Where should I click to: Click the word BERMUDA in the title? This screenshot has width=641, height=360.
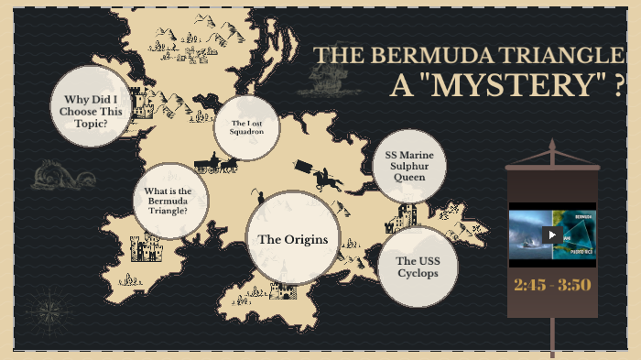click(x=447, y=55)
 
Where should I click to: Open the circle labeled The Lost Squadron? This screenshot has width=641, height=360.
click(x=246, y=127)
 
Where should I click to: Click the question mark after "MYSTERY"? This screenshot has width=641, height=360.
click(x=620, y=85)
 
